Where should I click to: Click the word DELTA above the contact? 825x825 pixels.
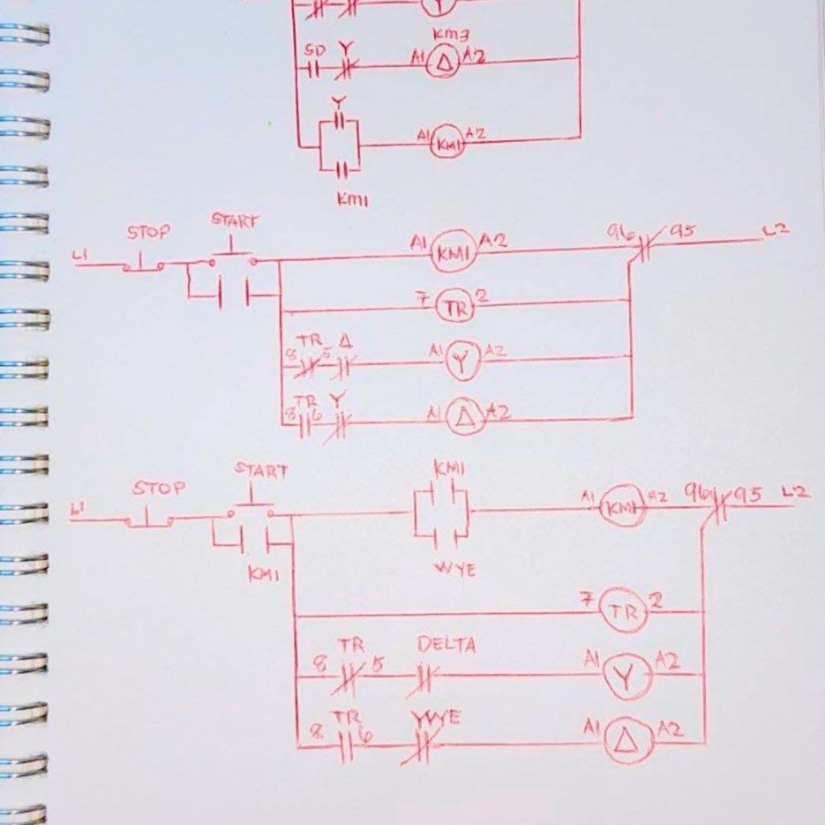click(446, 645)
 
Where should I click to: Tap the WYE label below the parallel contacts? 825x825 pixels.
click(454, 570)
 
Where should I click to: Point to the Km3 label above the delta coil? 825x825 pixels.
click(445, 35)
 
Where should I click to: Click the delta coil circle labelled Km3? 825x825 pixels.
click(442, 63)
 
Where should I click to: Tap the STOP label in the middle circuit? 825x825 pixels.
click(148, 233)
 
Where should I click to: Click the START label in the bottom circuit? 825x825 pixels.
click(260, 471)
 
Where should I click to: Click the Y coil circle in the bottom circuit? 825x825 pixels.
click(626, 678)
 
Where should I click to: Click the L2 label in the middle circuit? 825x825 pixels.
click(776, 230)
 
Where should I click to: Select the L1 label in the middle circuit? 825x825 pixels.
click(81, 256)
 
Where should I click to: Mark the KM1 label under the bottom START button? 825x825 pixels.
click(263, 574)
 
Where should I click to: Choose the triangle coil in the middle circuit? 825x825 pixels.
click(466, 417)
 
